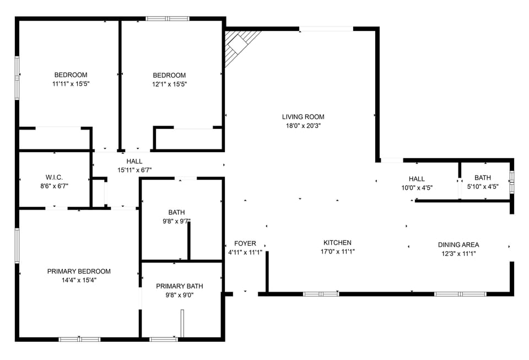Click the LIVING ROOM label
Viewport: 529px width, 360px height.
click(x=303, y=117)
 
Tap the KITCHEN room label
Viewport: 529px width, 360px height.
click(x=337, y=243)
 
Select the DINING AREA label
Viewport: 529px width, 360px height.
click(x=458, y=245)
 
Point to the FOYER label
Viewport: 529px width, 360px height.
click(x=245, y=244)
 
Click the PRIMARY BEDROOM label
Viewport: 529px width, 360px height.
click(x=79, y=271)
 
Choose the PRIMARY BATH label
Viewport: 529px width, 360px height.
click(x=180, y=286)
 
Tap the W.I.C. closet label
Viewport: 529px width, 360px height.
click(x=54, y=177)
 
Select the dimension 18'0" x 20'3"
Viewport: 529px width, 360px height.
click(x=303, y=126)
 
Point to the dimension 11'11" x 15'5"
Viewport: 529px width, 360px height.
click(x=71, y=84)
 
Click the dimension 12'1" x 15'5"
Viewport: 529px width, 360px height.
click(x=169, y=84)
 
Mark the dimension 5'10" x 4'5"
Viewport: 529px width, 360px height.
click(x=483, y=186)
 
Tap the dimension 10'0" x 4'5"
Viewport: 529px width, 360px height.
click(x=417, y=187)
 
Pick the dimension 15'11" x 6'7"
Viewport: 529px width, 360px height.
click(x=134, y=170)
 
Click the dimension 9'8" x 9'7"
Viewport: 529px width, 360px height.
click(x=177, y=221)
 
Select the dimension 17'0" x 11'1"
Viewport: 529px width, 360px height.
click(x=337, y=251)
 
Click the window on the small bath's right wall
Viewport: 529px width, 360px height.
click(x=512, y=182)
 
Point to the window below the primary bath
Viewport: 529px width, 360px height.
click(x=164, y=339)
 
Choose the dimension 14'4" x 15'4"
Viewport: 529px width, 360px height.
click(x=79, y=280)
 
